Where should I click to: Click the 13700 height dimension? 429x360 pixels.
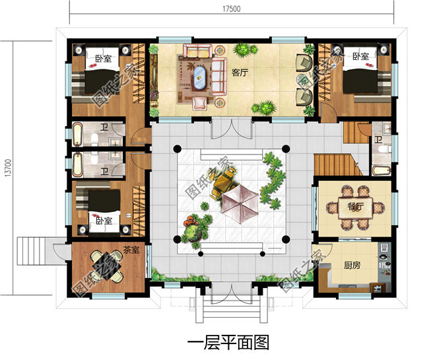coord(7,166)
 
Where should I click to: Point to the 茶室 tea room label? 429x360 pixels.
coord(130,250)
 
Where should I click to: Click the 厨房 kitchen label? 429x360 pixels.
coord(352,266)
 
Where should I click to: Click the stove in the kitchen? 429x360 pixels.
coord(382,254)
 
